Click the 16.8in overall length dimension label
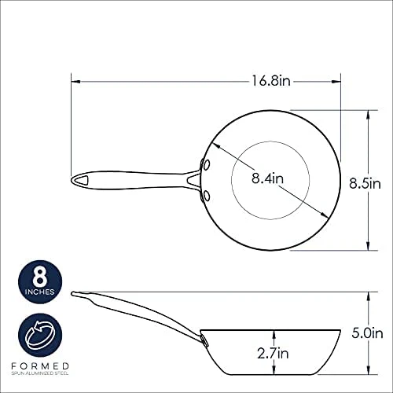[271, 80]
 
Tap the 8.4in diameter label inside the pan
[267, 178]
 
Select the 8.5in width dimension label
[365, 183]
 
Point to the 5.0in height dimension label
[367, 333]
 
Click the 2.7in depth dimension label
[273, 353]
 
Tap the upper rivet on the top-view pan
[207, 165]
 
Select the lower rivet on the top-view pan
[207, 196]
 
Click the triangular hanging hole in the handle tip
[83, 180]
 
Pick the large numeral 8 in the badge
[40, 277]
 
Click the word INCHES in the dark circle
[40, 292]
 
